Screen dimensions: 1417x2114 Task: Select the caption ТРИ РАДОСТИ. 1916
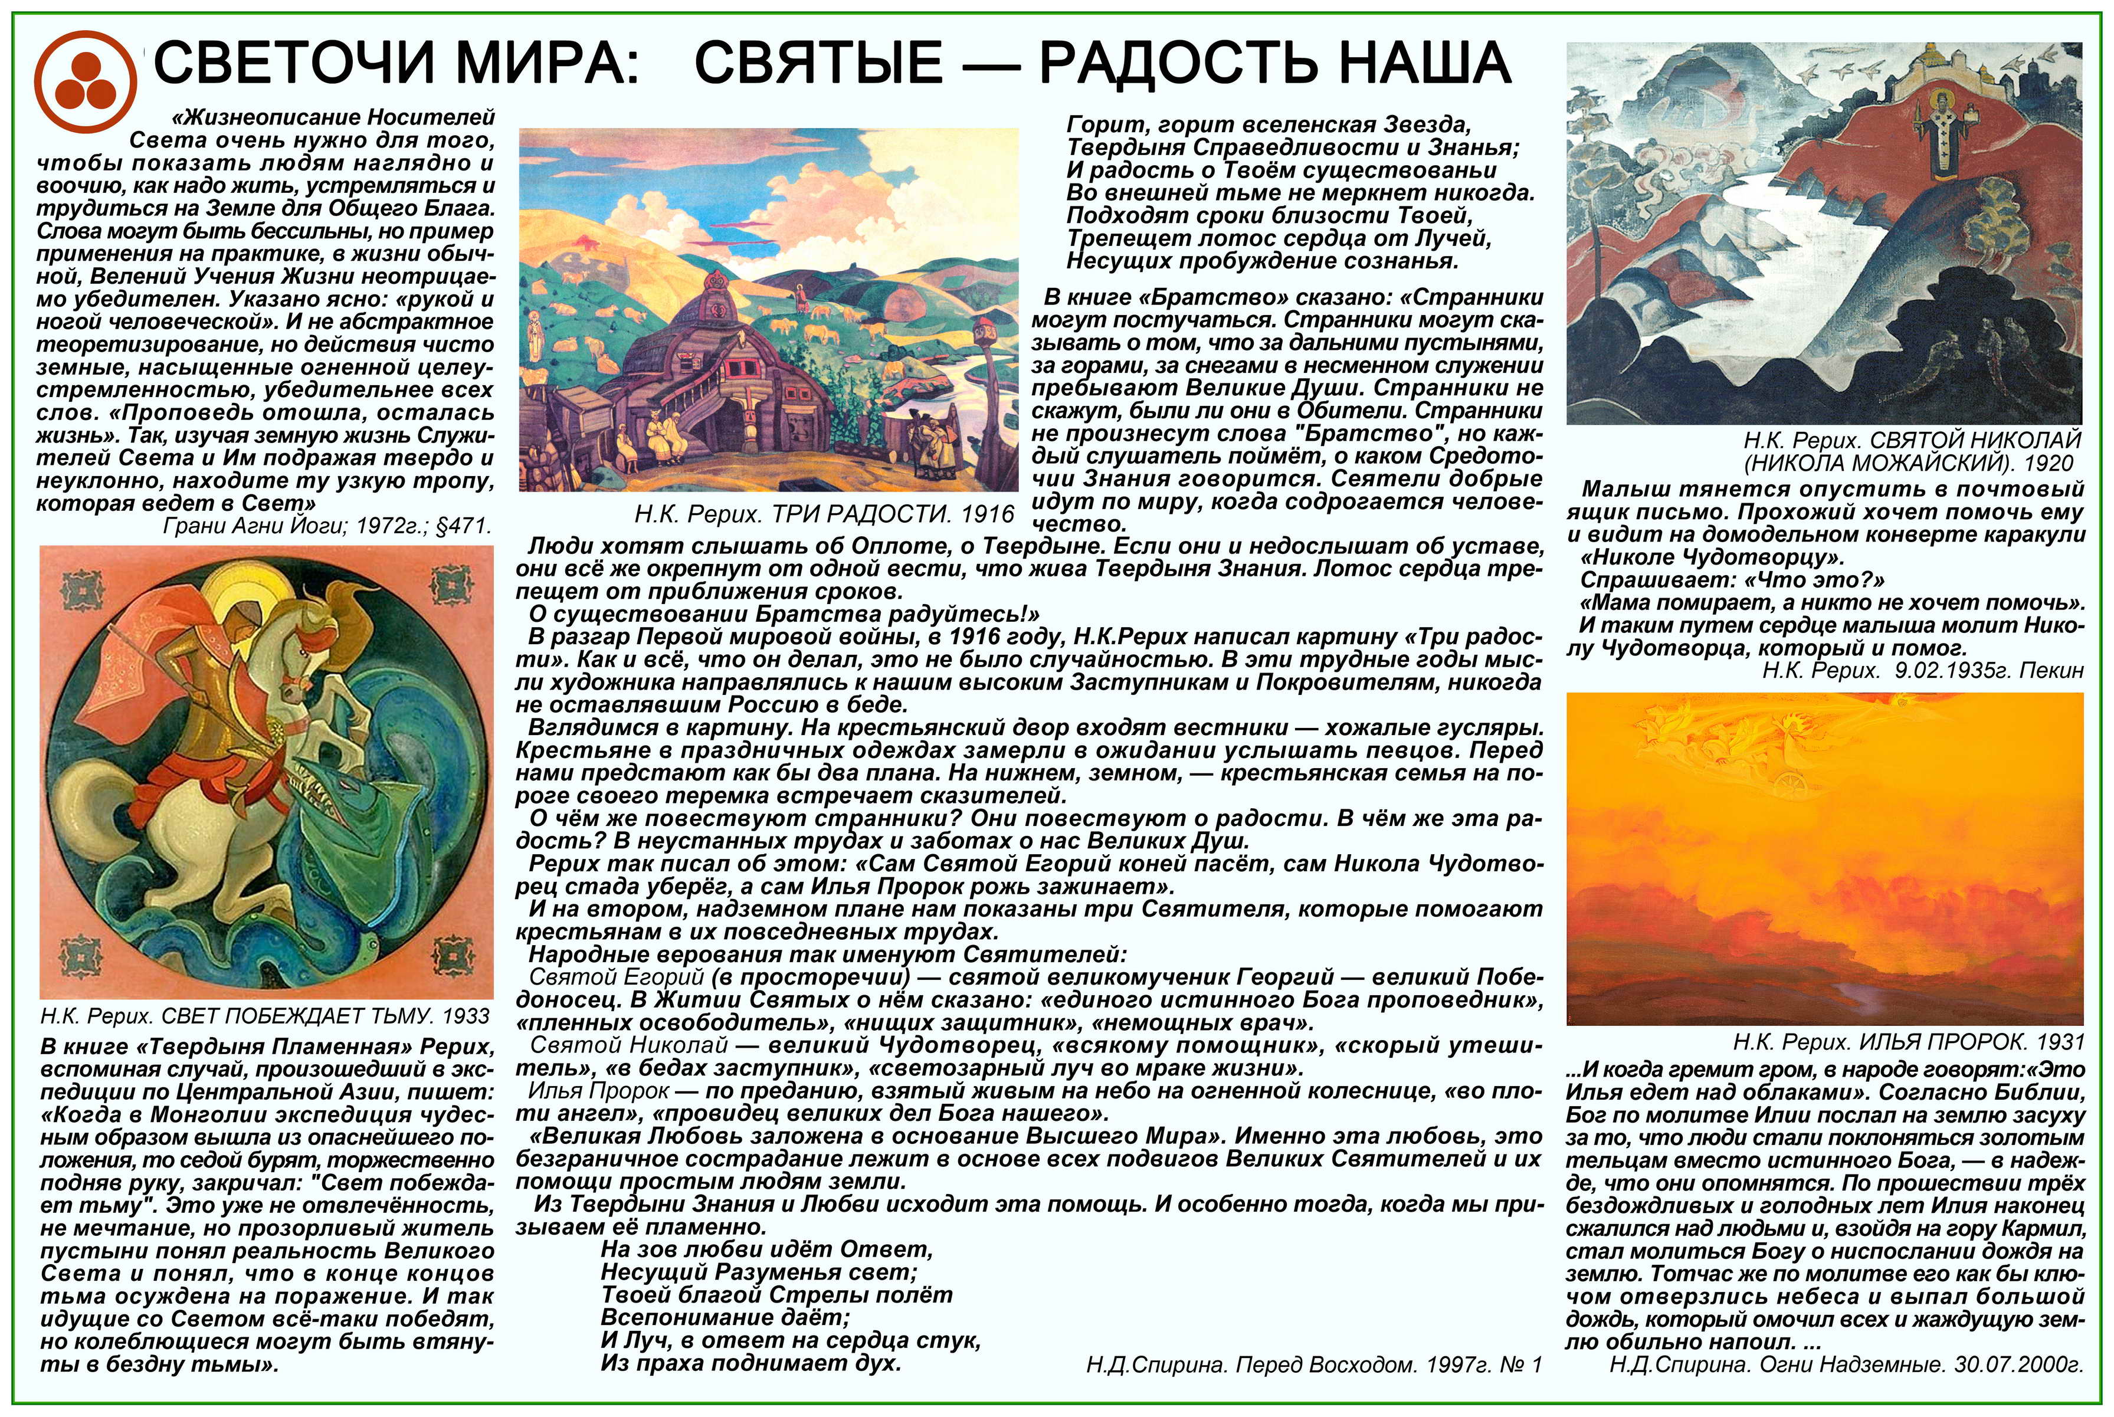point(824,515)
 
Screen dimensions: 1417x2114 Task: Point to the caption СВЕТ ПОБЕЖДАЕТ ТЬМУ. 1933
point(265,1016)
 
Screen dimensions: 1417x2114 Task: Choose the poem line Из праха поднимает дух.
point(751,1363)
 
